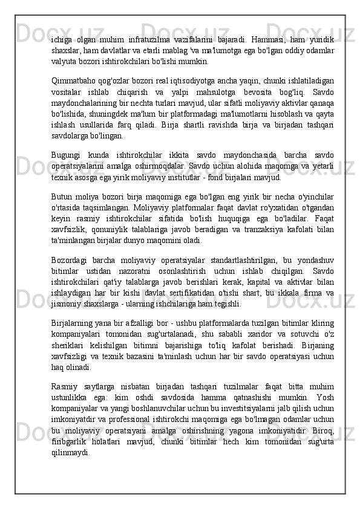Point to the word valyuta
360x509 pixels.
(64, 62)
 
